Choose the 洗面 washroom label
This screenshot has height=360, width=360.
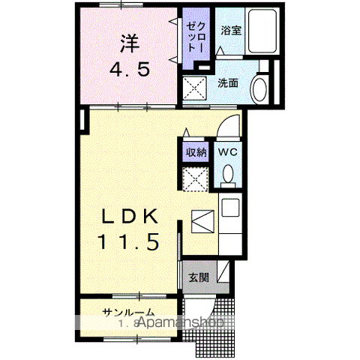228,82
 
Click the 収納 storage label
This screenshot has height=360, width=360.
196,151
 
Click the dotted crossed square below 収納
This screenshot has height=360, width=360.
196,178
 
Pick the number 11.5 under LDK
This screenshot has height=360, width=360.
127,244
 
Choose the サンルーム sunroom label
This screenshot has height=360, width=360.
129,312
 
